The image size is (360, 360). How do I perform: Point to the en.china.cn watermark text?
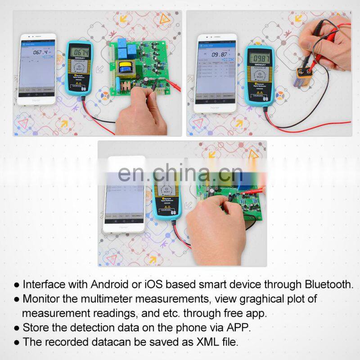coord(180,172)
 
